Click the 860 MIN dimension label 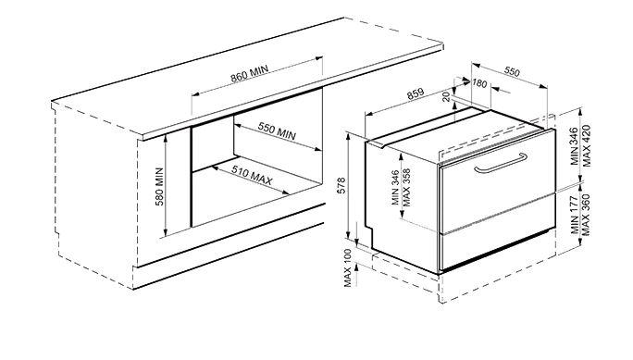click(250, 74)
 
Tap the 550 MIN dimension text click(277, 130)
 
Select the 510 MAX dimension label click(252, 175)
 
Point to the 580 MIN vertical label click(159, 186)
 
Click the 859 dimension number click(416, 93)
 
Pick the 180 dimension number click(479, 83)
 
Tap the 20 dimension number click(446, 97)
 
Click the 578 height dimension click(341, 186)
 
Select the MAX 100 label click(348, 268)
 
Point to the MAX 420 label click(587, 145)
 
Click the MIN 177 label click(576, 215)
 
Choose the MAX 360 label click(587, 215)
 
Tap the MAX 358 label click(406, 188)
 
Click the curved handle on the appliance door click(501, 163)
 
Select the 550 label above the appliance click(512, 71)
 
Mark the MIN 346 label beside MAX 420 click(576, 145)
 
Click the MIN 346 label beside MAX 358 click(395, 188)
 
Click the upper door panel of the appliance click(497, 180)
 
